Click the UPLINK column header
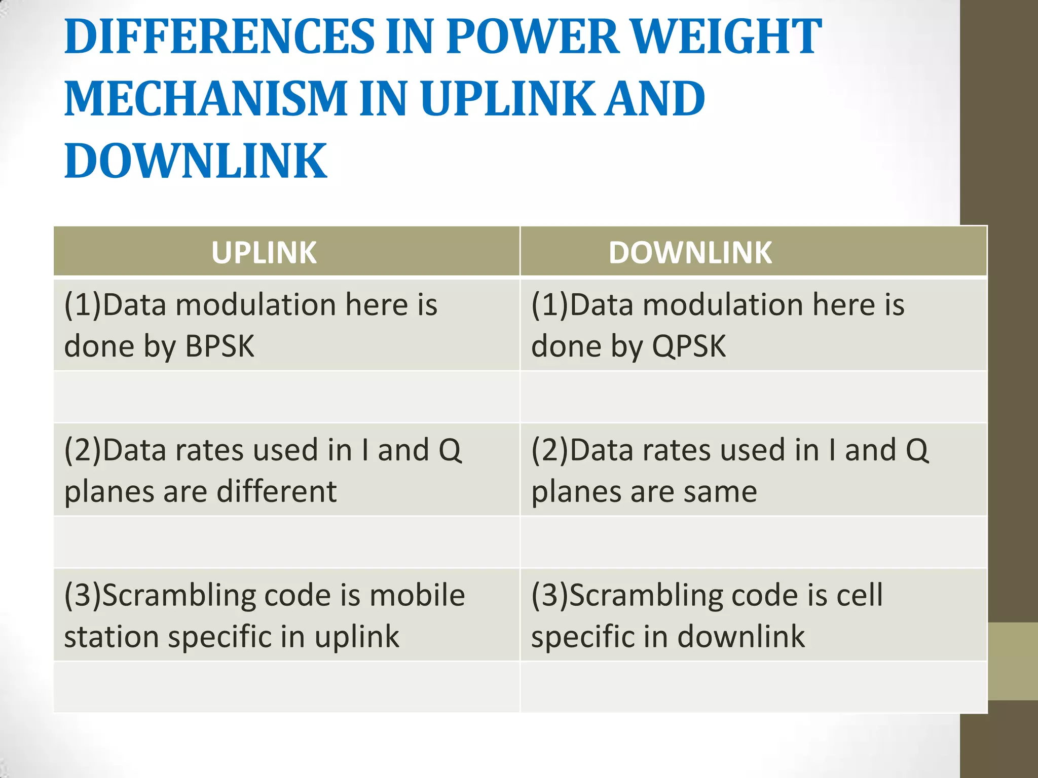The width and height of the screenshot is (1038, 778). pos(264,252)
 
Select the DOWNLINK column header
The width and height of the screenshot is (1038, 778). pos(690,252)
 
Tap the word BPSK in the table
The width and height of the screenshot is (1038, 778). pos(219,346)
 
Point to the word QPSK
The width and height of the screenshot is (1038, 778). pos(689,346)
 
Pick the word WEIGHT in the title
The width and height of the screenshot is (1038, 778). pos(727,36)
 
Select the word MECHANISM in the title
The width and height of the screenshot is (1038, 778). pos(206,98)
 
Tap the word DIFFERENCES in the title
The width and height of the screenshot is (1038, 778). pos(219,36)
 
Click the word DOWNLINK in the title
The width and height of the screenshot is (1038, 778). pos(196,161)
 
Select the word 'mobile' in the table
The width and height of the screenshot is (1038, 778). pos(417,595)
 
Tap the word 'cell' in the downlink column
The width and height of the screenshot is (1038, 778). pos(860,595)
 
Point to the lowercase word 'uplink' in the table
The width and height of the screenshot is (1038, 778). pos(357,637)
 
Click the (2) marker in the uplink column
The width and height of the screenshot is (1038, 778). pos(83,450)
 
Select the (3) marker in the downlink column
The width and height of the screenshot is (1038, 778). pos(550,595)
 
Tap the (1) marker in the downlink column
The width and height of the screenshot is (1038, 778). pos(550,305)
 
